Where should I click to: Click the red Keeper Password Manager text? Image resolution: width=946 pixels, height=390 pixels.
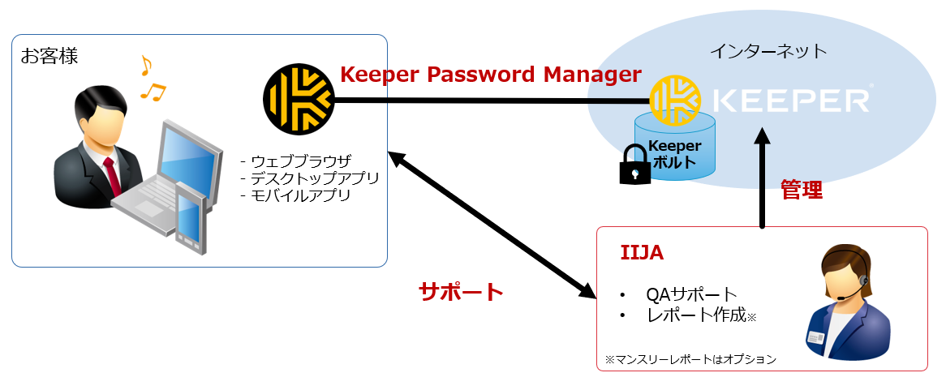point(490,75)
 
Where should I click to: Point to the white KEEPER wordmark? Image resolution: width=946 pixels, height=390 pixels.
point(790,101)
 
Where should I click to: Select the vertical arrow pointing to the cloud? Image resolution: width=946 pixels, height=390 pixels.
point(762,178)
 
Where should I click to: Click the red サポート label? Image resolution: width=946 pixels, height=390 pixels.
point(461,292)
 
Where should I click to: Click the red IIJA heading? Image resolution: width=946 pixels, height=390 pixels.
point(642,254)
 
